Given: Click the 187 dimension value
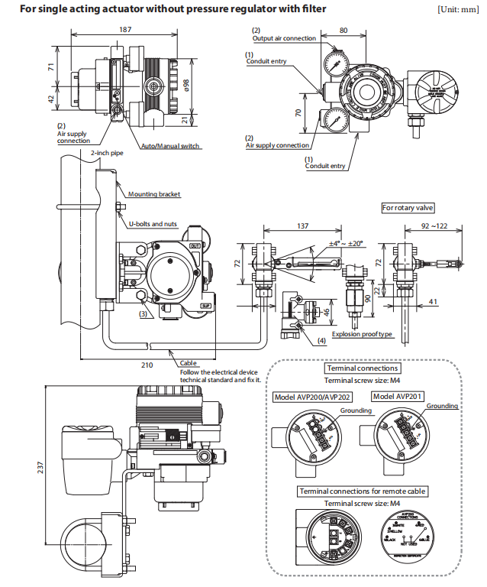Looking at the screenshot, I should (125, 30).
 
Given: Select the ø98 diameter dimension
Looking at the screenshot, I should (186, 82).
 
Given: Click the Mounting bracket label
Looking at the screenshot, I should (154, 194).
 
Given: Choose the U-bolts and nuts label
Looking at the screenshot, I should (153, 223).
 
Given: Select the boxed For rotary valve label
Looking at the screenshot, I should (408, 208).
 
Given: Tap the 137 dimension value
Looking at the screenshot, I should (304, 226).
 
